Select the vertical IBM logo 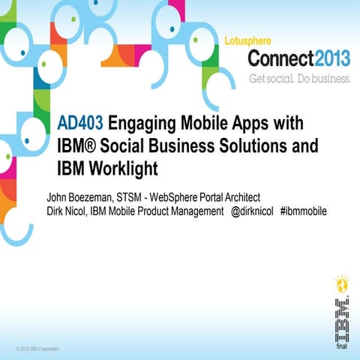tap(340, 319)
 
